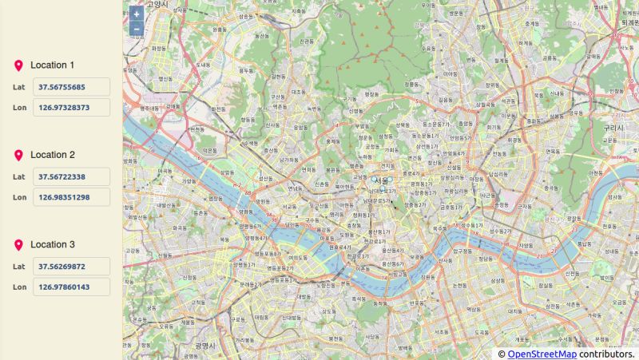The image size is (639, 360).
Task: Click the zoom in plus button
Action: (137, 14)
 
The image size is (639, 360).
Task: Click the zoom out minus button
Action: (137, 30)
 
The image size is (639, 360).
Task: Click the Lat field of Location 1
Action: (71, 87)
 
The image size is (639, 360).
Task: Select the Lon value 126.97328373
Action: (71, 108)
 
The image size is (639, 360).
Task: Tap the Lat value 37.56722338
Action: (71, 176)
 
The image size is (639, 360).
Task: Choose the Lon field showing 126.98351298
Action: (71, 197)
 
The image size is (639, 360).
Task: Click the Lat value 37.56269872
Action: (71, 267)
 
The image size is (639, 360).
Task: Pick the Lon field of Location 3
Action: (71, 287)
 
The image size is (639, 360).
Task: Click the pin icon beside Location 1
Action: (18, 65)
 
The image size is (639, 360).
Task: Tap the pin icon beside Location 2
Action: (18, 155)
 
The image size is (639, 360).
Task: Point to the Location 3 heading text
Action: (53, 245)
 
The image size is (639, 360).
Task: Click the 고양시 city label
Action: (159, 4)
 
